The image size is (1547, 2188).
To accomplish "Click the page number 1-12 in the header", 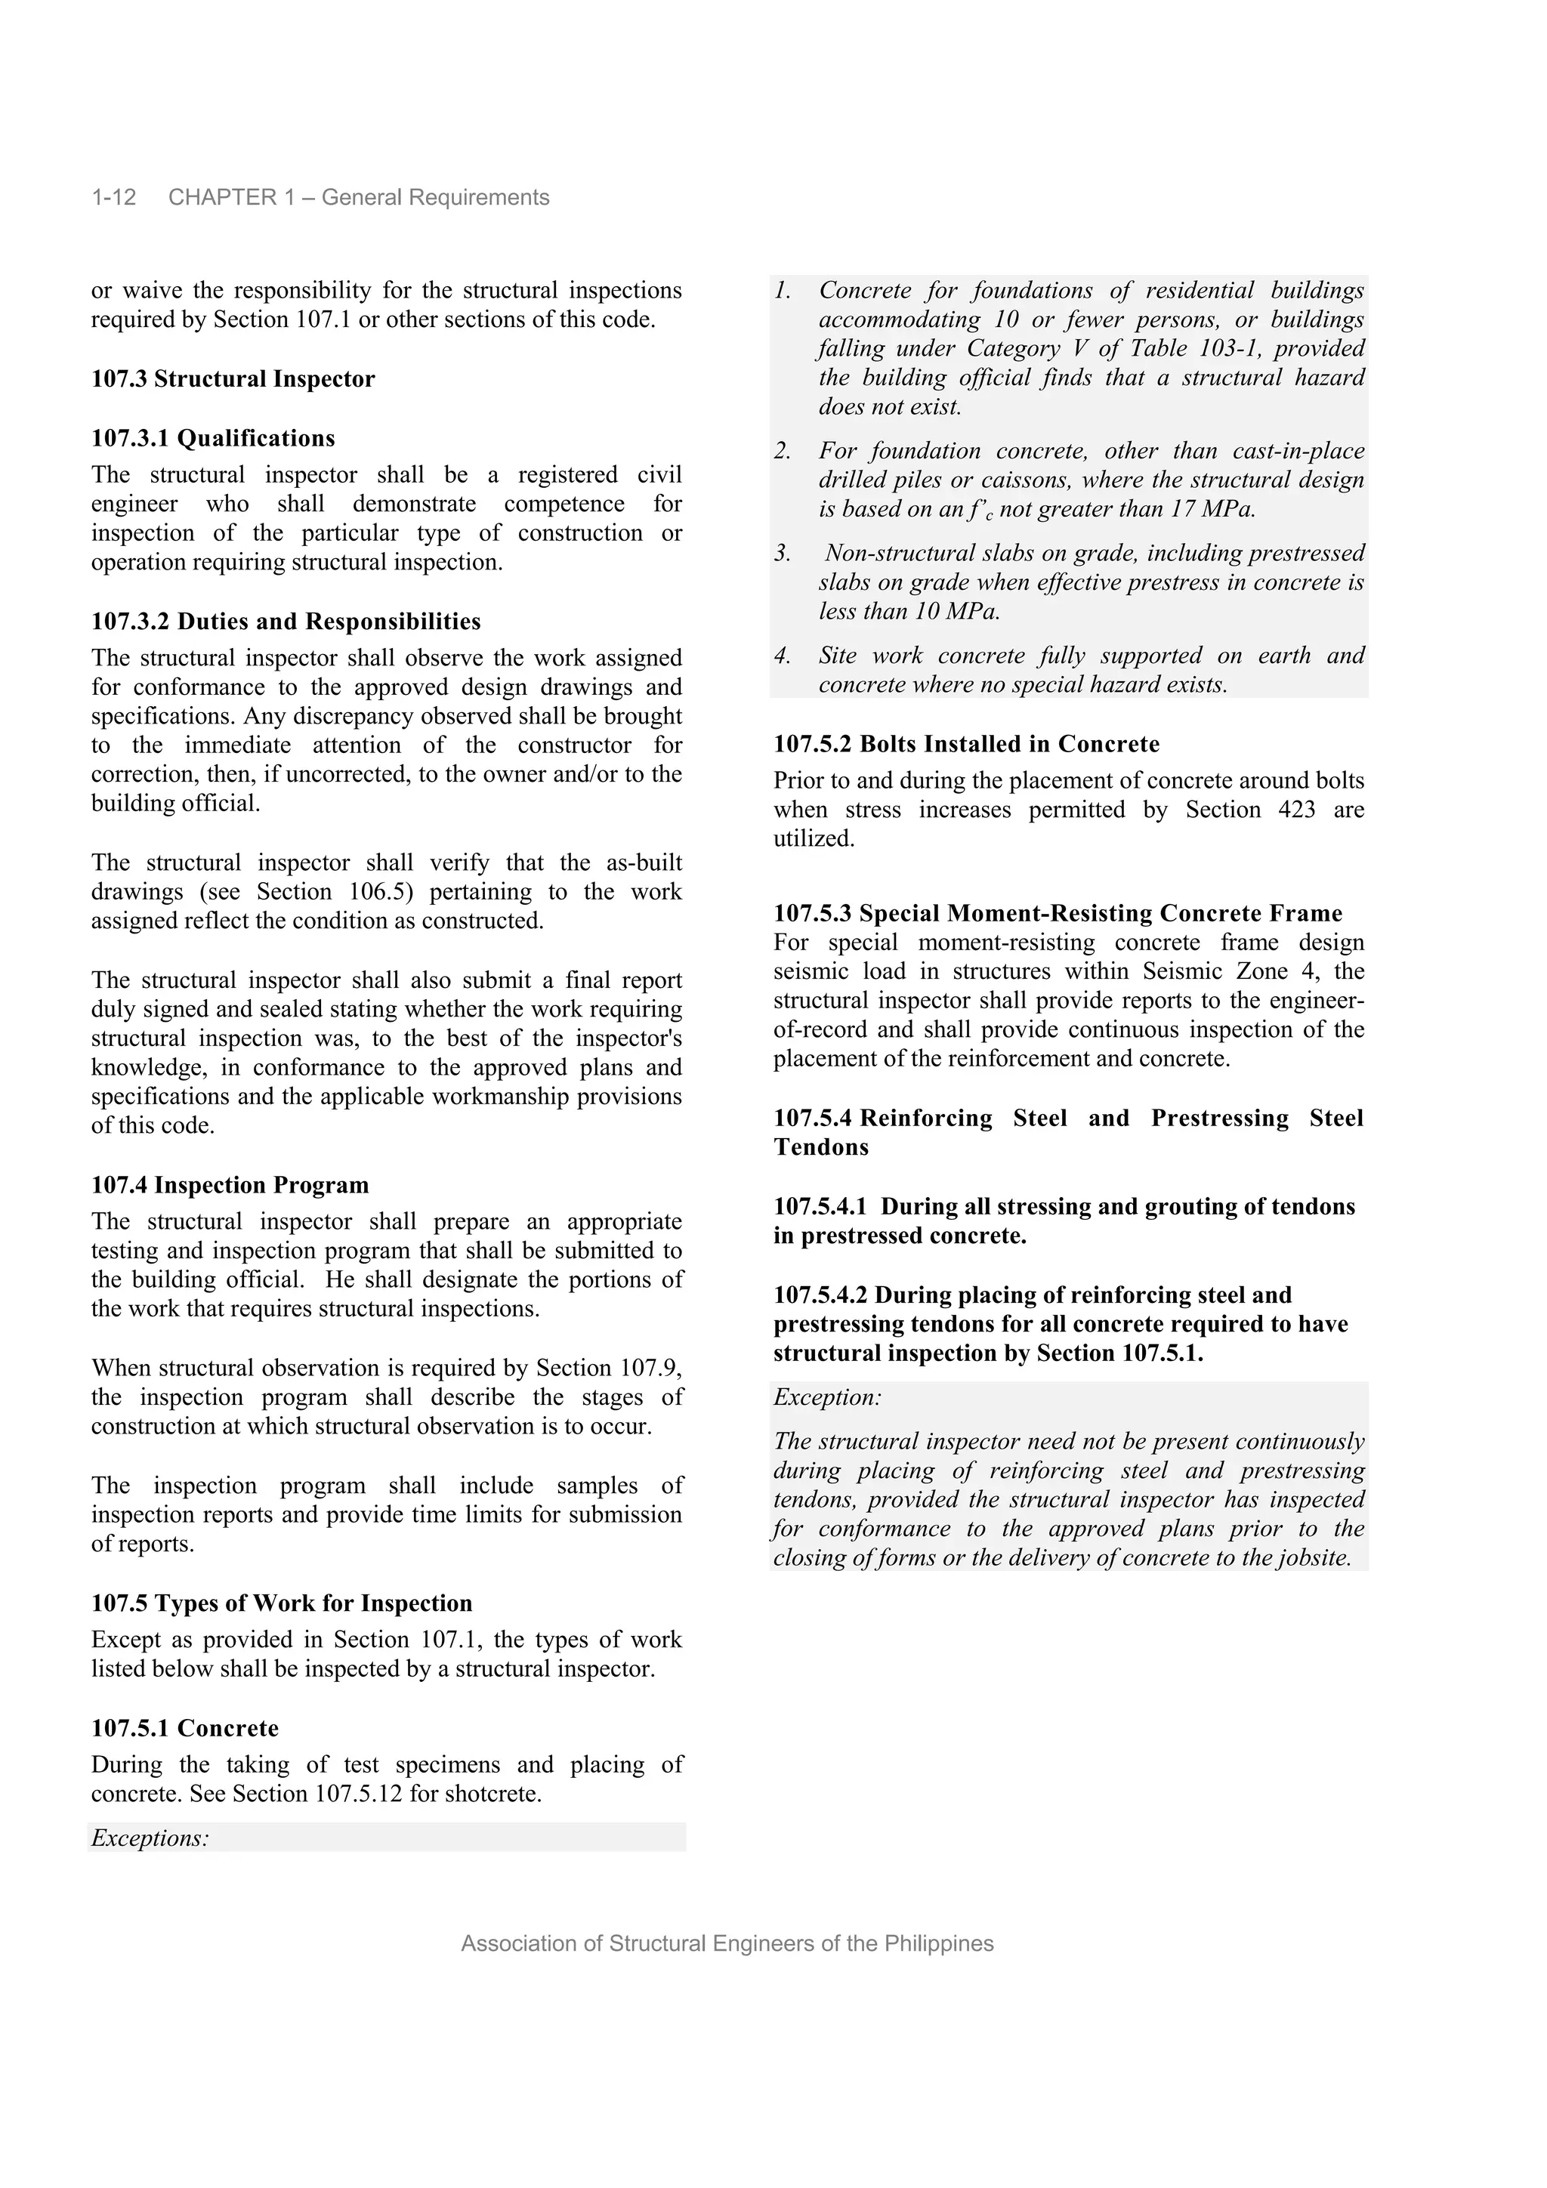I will point(113,197).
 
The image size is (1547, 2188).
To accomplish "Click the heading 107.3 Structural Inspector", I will point(233,379).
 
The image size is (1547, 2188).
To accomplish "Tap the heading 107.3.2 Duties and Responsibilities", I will point(286,622).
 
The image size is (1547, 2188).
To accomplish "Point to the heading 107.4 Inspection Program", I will point(230,1186).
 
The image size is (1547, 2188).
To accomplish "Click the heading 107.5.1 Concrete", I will point(185,1728).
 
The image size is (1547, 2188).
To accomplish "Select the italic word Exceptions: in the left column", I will point(150,1838).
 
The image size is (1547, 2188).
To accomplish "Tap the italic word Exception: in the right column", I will point(827,1398).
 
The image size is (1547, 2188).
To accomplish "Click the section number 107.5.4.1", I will point(820,1206).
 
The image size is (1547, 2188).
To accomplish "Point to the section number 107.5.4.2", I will point(820,1295).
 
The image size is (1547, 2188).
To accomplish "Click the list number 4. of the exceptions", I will point(783,656).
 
